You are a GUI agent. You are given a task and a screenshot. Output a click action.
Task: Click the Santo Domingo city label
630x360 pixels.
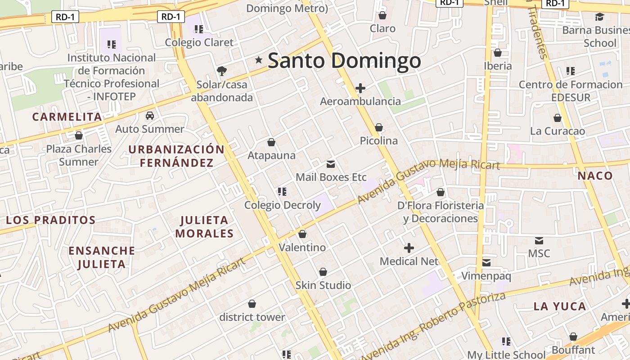point(344,61)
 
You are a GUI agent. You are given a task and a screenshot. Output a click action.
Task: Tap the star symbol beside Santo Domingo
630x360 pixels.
point(259,60)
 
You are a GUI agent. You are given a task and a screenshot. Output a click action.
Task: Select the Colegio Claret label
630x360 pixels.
point(199,42)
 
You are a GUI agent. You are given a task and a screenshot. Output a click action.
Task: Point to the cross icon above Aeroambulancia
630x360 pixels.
point(360,88)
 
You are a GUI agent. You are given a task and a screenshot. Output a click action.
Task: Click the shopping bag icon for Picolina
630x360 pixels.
point(379,127)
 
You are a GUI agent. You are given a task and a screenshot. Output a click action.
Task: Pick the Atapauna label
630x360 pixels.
point(271,156)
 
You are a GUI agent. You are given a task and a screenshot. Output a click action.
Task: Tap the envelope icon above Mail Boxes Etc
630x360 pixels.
point(331,164)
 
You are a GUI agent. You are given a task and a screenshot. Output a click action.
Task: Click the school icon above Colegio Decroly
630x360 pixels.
point(282,192)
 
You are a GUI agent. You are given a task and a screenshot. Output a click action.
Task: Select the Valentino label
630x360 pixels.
point(302,247)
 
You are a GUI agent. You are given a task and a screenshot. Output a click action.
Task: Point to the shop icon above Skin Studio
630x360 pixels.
point(323,272)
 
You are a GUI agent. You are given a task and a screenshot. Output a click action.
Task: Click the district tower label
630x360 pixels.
point(252,317)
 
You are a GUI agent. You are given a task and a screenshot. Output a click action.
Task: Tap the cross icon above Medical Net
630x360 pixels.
point(409,248)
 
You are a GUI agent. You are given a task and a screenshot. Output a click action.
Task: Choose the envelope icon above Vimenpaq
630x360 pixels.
point(486,262)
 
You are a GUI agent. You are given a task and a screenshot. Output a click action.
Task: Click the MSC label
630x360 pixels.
point(539,253)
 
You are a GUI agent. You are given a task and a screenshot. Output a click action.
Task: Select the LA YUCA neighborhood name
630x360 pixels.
point(560,306)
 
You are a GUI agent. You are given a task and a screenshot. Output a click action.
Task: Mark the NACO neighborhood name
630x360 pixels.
point(595,175)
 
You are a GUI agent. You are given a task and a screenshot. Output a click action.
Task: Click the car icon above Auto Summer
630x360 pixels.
point(150,116)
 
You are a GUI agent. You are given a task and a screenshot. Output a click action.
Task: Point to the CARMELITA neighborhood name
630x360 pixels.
point(67,117)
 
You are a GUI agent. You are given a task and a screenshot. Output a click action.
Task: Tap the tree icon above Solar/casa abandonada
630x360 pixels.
point(221,71)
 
